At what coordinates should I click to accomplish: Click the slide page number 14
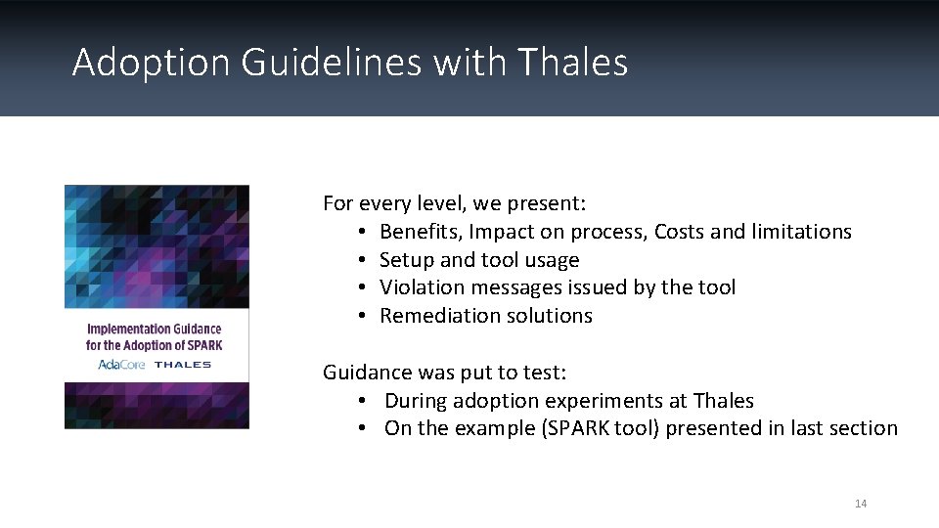[x=861, y=504]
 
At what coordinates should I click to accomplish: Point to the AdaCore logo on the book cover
[x=120, y=365]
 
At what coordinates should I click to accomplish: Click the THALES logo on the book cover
[x=183, y=365]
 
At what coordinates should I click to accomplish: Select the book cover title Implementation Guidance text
[x=155, y=330]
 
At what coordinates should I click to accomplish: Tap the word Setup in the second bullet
[x=406, y=260]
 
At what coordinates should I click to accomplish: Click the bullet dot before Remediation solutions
[x=362, y=316]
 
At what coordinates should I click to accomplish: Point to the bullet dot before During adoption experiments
[x=362, y=401]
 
